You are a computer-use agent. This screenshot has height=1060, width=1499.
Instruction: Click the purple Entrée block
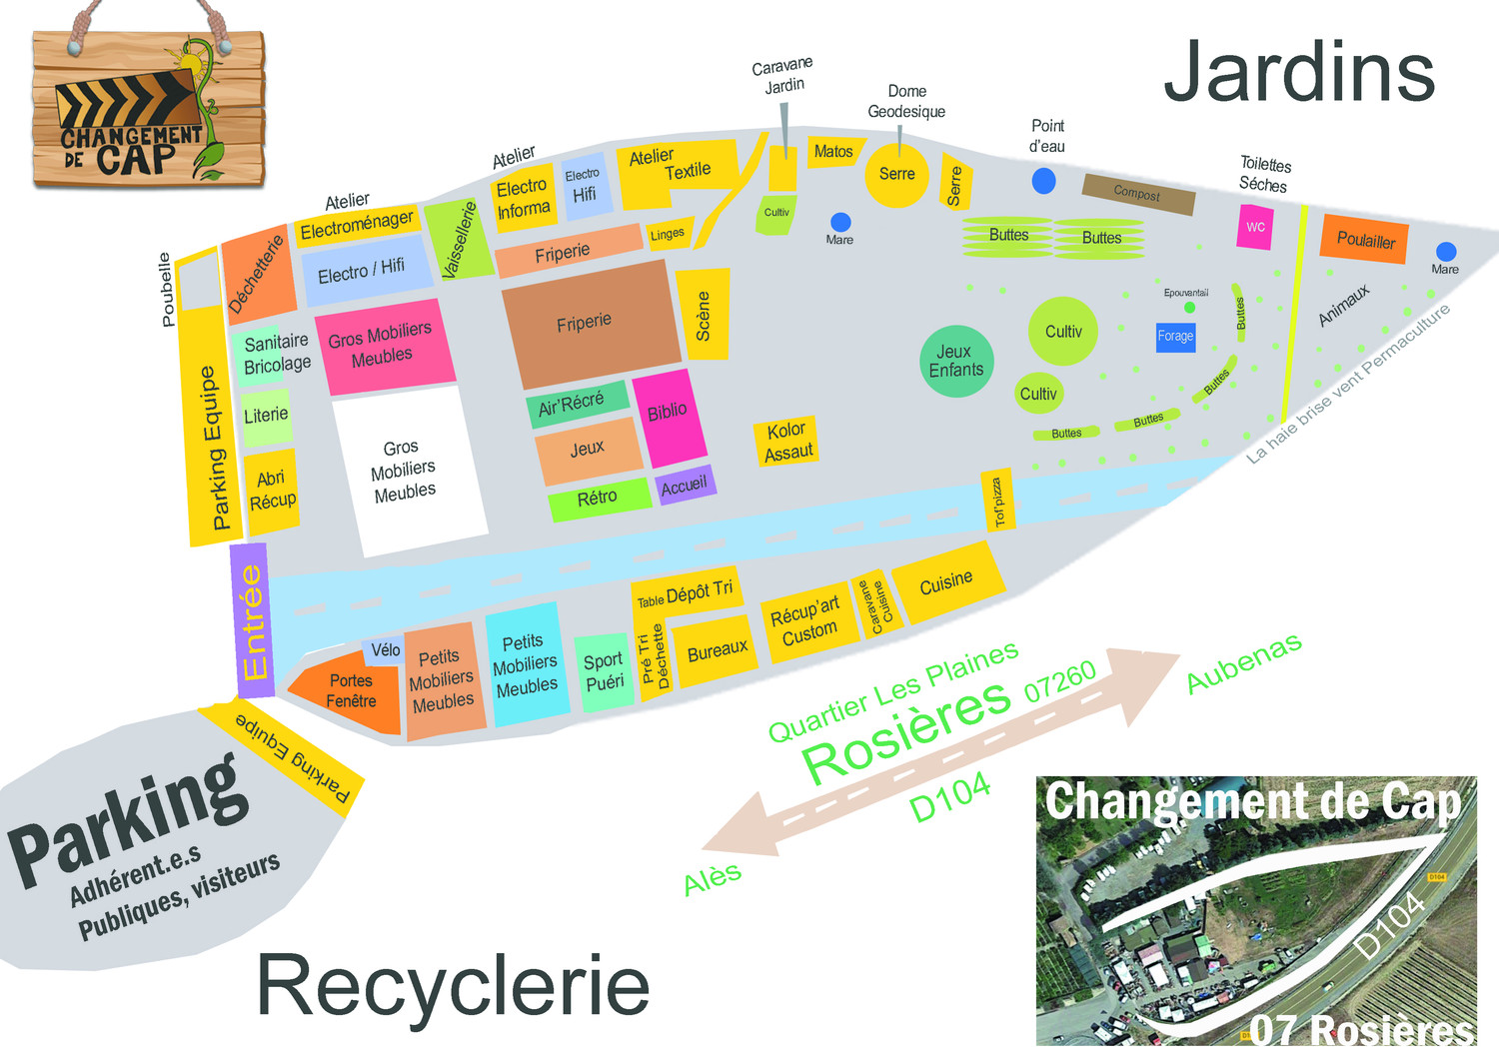tap(253, 620)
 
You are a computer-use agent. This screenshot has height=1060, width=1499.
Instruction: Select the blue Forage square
tap(1175, 336)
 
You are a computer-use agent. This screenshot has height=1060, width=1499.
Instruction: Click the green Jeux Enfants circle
tap(956, 361)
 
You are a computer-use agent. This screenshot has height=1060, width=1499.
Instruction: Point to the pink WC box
tap(1255, 227)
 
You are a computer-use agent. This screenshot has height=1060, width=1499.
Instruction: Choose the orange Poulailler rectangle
tap(1365, 240)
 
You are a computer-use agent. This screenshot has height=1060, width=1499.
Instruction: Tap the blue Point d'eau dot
tap(1043, 181)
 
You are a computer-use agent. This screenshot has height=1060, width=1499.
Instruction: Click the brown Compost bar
tap(1138, 194)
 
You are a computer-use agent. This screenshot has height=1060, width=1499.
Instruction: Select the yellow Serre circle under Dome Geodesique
tap(896, 175)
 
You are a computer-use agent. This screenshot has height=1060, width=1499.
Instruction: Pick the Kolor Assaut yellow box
tap(786, 442)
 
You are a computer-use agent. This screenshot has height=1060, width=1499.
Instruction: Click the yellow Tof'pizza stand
tap(998, 500)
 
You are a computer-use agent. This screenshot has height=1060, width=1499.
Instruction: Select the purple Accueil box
tap(685, 486)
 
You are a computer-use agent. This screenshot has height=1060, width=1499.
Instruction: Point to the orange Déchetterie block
tap(259, 275)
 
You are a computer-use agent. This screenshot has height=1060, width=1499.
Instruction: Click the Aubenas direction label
tap(1243, 662)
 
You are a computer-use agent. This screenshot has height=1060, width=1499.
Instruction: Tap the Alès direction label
tap(713, 879)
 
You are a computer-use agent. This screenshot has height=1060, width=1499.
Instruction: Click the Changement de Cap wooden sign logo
tap(148, 110)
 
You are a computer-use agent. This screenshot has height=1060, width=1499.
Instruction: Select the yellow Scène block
tap(704, 315)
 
